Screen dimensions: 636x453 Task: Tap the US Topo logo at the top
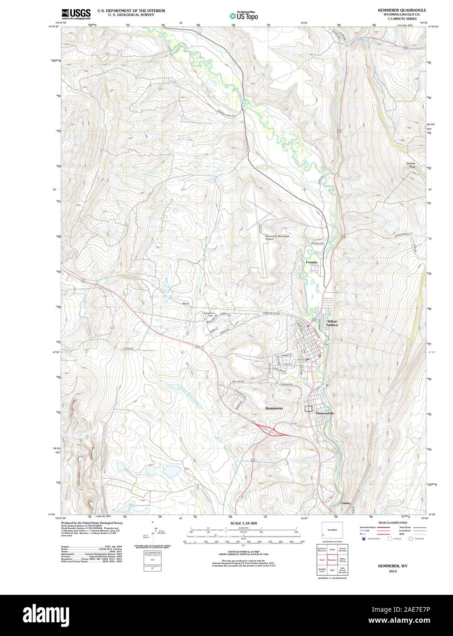[243, 16]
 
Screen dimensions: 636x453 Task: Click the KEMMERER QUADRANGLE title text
[395, 10]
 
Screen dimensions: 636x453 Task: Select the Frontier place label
[312, 262]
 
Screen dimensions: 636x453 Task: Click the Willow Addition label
[332, 323]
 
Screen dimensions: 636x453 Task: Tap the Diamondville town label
[325, 413]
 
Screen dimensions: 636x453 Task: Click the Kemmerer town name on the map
[274, 408]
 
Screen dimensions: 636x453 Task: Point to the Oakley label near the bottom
[346, 503]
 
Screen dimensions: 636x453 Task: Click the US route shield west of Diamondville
[309, 407]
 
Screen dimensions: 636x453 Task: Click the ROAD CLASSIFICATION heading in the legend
[393, 523]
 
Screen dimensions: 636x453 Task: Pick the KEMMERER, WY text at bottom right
[393, 566]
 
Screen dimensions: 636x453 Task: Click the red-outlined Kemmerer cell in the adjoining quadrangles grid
[332, 560]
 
